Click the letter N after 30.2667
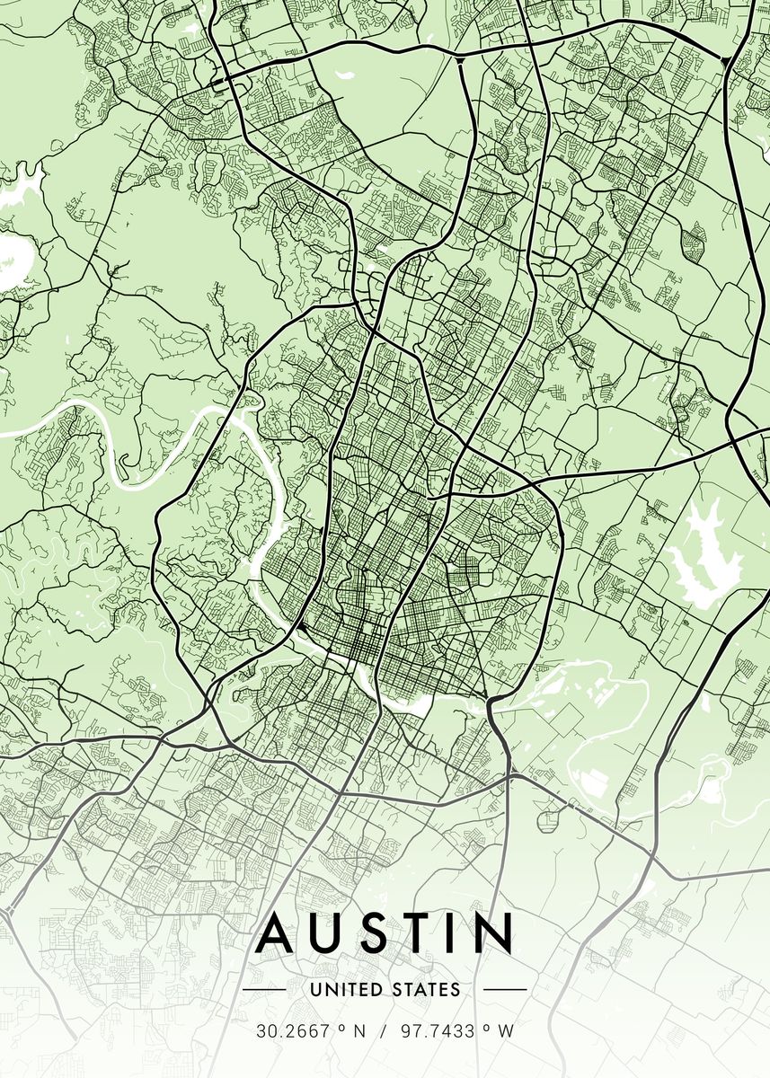tap(359, 1032)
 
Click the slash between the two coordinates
tap(385, 1032)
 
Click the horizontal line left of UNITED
tap(264, 990)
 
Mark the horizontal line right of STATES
tap(505, 990)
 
